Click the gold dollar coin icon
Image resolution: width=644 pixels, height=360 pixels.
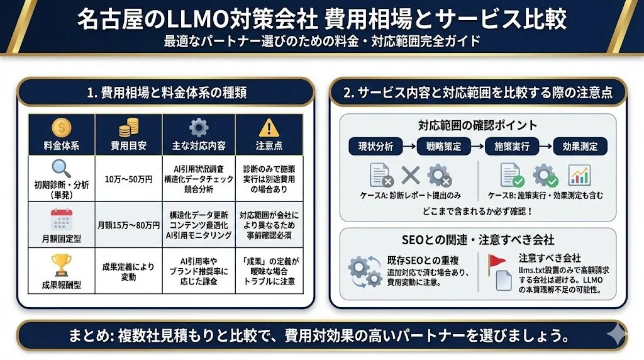(62, 128)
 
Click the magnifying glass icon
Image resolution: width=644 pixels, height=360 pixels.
(62, 169)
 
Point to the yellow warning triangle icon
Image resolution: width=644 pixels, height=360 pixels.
(269, 128)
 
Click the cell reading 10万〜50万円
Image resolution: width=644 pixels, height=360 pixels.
(128, 179)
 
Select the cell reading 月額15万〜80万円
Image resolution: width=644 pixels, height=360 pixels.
(128, 225)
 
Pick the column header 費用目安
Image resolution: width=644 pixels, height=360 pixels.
(128, 145)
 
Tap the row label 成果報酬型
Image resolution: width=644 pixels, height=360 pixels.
(62, 284)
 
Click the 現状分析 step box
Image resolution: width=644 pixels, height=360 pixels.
(375, 147)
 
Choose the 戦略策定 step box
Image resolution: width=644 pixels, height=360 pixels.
(443, 147)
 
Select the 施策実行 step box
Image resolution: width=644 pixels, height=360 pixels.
(511, 147)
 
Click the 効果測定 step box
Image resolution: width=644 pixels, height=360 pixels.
(580, 147)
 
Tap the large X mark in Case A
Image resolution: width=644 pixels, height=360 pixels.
(410, 176)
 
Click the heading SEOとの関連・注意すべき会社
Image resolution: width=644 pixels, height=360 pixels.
(477, 240)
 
